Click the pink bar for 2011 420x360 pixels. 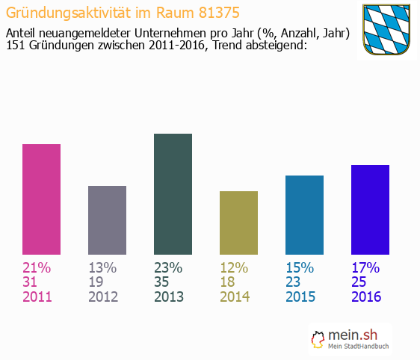coord(41,199)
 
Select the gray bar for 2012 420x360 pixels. coord(107,220)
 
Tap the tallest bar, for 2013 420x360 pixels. coord(173,194)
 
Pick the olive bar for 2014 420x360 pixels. coord(238,223)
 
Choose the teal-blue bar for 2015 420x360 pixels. coord(304,215)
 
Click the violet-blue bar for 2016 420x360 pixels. coord(370,210)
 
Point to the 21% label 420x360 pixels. coord(37,267)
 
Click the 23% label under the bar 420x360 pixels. coord(168,267)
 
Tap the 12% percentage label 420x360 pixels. coord(234,267)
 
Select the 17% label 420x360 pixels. coord(365,267)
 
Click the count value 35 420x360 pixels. coord(163,282)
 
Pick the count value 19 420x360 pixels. coord(97,282)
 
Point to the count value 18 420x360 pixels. coord(229,282)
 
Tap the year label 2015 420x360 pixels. coord(300,297)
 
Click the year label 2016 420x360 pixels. coord(366,297)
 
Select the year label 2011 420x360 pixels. coord(37,297)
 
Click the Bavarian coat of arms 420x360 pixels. coord(386,29)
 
